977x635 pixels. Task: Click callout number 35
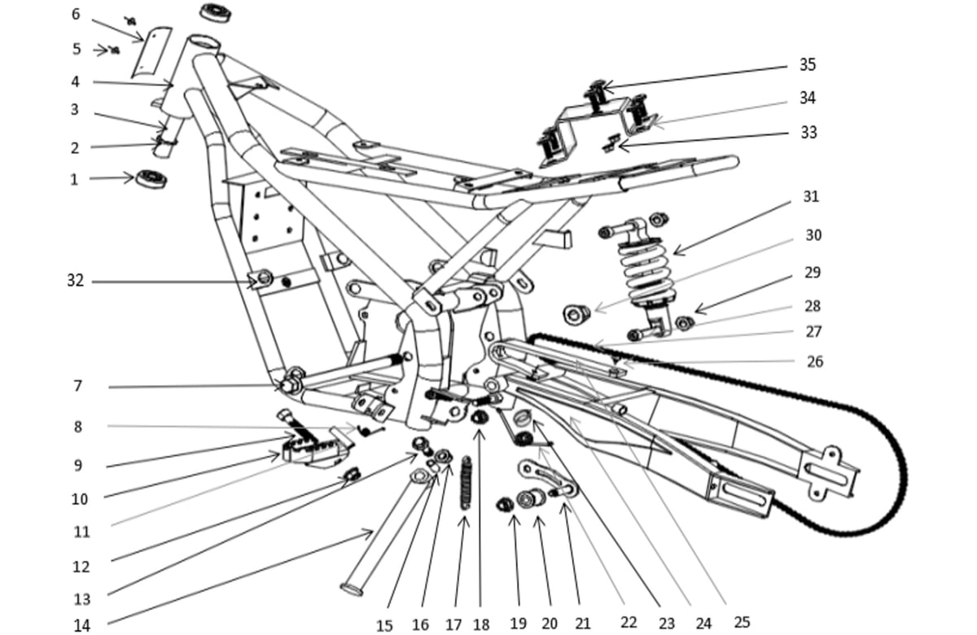click(808, 64)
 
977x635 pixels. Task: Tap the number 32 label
click(75, 280)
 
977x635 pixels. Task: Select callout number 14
click(81, 625)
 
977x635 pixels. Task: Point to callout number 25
click(742, 622)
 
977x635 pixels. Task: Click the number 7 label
click(77, 386)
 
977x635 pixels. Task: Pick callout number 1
click(74, 179)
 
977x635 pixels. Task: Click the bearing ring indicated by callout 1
click(151, 179)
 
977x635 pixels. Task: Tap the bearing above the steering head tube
click(216, 13)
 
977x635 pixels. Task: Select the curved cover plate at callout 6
click(152, 53)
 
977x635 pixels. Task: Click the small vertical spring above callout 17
click(467, 483)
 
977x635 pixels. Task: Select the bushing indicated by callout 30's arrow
click(576, 314)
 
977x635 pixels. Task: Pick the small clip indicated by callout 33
click(610, 143)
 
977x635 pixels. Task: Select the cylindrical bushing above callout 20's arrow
click(531, 499)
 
